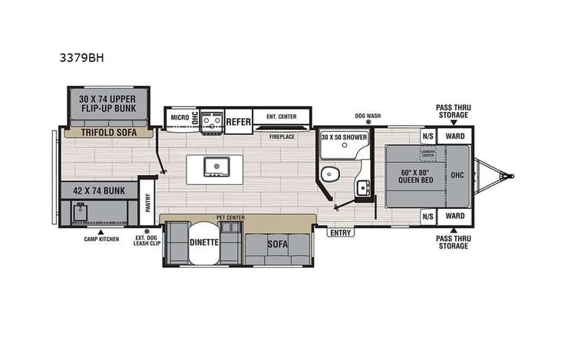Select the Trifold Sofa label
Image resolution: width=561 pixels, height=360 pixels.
coord(108,133)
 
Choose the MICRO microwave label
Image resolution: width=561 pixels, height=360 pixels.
coord(180,118)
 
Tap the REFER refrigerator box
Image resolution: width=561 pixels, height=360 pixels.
coord(238,121)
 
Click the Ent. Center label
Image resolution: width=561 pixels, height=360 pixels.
coord(282,117)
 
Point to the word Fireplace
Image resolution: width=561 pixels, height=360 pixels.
coord(282,137)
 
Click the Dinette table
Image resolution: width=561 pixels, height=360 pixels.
coord(204,242)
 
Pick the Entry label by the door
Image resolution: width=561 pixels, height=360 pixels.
coord(339,232)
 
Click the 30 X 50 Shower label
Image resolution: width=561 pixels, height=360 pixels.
coord(344,137)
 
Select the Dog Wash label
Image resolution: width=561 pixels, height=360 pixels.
coord(368,116)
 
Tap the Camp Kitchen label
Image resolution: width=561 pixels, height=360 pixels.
coord(101,239)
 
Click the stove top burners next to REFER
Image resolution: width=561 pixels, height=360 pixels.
coord(212,120)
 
